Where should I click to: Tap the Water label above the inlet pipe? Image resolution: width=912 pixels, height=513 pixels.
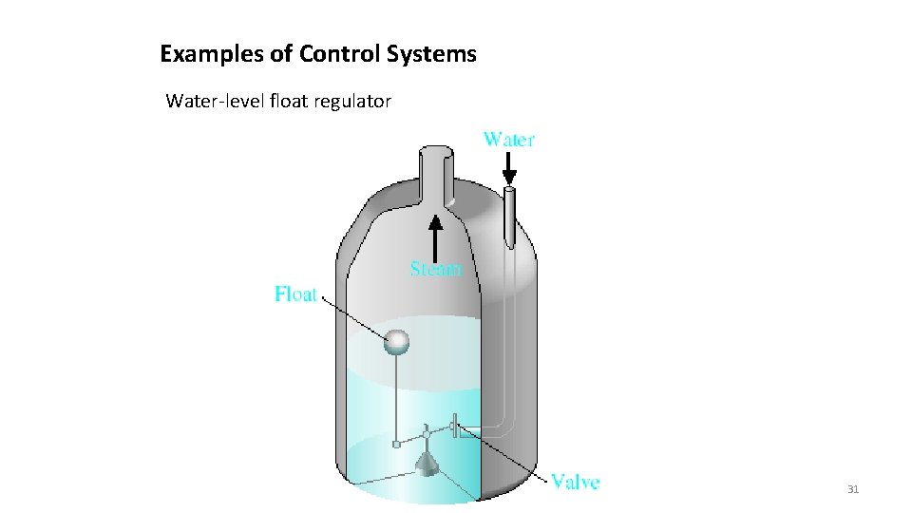click(x=509, y=140)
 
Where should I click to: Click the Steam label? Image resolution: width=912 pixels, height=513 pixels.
click(x=437, y=269)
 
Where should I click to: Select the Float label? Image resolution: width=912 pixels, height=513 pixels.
click(x=295, y=294)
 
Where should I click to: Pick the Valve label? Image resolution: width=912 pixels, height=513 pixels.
click(x=576, y=482)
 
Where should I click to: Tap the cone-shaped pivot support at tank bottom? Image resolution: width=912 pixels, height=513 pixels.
click(x=427, y=463)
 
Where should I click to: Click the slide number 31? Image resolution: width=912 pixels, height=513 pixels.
click(x=852, y=489)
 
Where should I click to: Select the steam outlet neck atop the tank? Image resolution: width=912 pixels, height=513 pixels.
click(x=436, y=171)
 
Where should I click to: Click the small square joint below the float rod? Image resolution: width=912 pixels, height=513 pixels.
click(x=396, y=444)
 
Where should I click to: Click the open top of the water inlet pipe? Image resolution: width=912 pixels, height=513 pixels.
click(x=509, y=191)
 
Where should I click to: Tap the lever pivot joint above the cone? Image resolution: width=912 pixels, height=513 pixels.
click(x=427, y=434)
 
